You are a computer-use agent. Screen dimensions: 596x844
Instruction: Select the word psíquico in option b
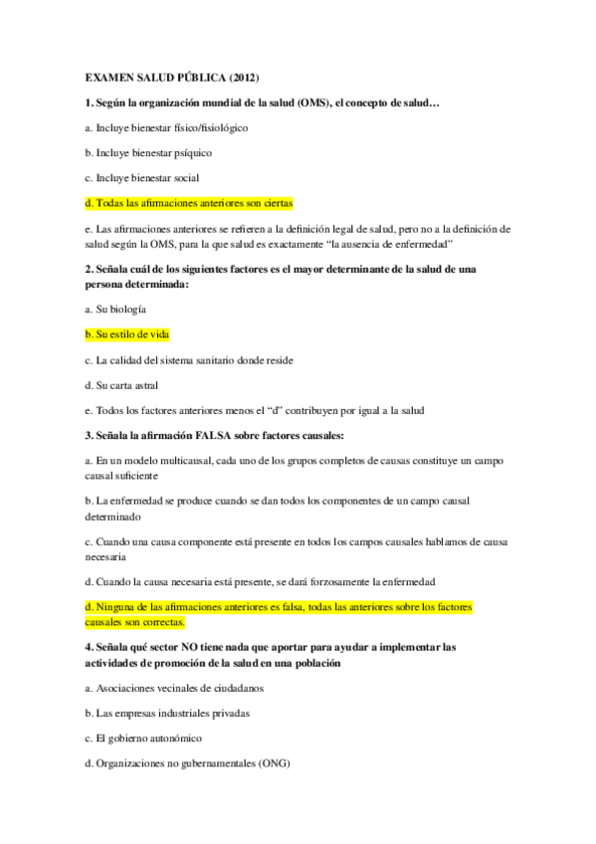189,152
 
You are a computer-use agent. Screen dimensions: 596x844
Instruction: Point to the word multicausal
187,460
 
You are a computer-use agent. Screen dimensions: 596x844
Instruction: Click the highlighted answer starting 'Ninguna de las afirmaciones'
279,606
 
